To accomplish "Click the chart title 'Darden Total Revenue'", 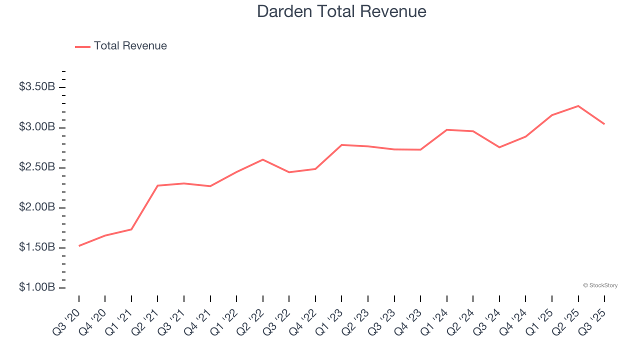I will (x=341, y=11).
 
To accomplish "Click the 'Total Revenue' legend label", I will (x=130, y=46).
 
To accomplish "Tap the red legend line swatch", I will (x=82, y=46).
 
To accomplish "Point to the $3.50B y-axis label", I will (x=37, y=87).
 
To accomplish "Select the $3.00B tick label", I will (x=37, y=127).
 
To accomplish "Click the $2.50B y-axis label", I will (x=37, y=167).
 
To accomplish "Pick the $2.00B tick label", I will (x=37, y=207).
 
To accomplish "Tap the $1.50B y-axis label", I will (x=37, y=247).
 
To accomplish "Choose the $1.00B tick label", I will (x=37, y=287).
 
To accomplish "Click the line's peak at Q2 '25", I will (x=578, y=106).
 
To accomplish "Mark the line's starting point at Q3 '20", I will (x=79, y=245).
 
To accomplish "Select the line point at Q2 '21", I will (x=157, y=185).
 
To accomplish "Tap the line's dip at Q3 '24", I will (x=499, y=147).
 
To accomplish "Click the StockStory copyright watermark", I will (x=600, y=285).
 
